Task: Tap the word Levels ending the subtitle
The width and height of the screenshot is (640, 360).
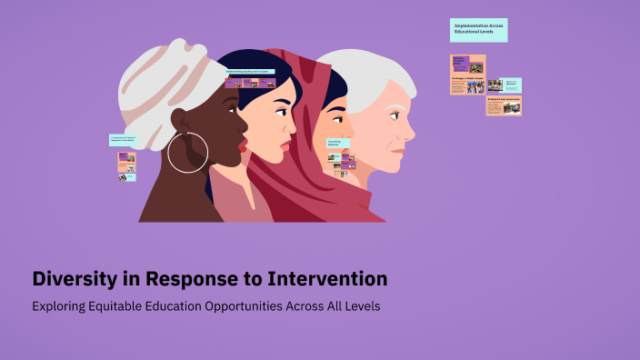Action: (x=360, y=306)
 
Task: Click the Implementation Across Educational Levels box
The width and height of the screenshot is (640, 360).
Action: (x=478, y=30)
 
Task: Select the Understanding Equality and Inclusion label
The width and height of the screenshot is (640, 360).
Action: (x=250, y=71)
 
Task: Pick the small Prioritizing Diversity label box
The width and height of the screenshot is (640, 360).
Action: (x=337, y=143)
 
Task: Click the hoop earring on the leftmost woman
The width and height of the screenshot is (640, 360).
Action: (x=188, y=152)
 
